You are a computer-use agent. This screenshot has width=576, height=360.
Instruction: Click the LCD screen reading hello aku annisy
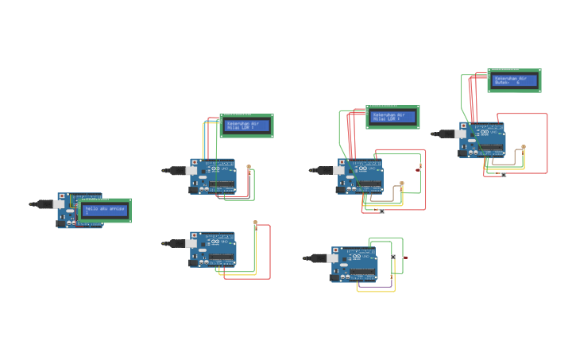coord(105,210)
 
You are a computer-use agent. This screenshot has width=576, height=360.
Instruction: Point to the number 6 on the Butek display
coord(519,82)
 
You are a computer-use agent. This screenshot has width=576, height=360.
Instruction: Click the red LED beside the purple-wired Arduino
coord(405,258)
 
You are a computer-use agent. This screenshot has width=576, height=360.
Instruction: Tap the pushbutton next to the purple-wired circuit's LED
coord(393,257)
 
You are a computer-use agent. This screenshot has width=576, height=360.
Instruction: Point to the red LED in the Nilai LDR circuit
coord(419,168)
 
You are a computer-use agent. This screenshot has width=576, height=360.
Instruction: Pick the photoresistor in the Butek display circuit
coord(523,148)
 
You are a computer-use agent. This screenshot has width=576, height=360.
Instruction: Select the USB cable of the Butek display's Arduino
coord(445,134)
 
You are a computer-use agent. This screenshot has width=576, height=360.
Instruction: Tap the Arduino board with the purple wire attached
coord(354,264)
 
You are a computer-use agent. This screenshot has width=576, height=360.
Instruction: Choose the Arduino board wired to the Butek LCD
coord(481,139)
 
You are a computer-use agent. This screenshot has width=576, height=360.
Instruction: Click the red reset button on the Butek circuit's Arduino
coord(462,125)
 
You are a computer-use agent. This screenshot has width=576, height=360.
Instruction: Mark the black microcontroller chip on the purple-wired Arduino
coord(365,272)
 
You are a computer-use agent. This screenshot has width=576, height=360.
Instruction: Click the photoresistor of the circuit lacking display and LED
coord(255,223)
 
